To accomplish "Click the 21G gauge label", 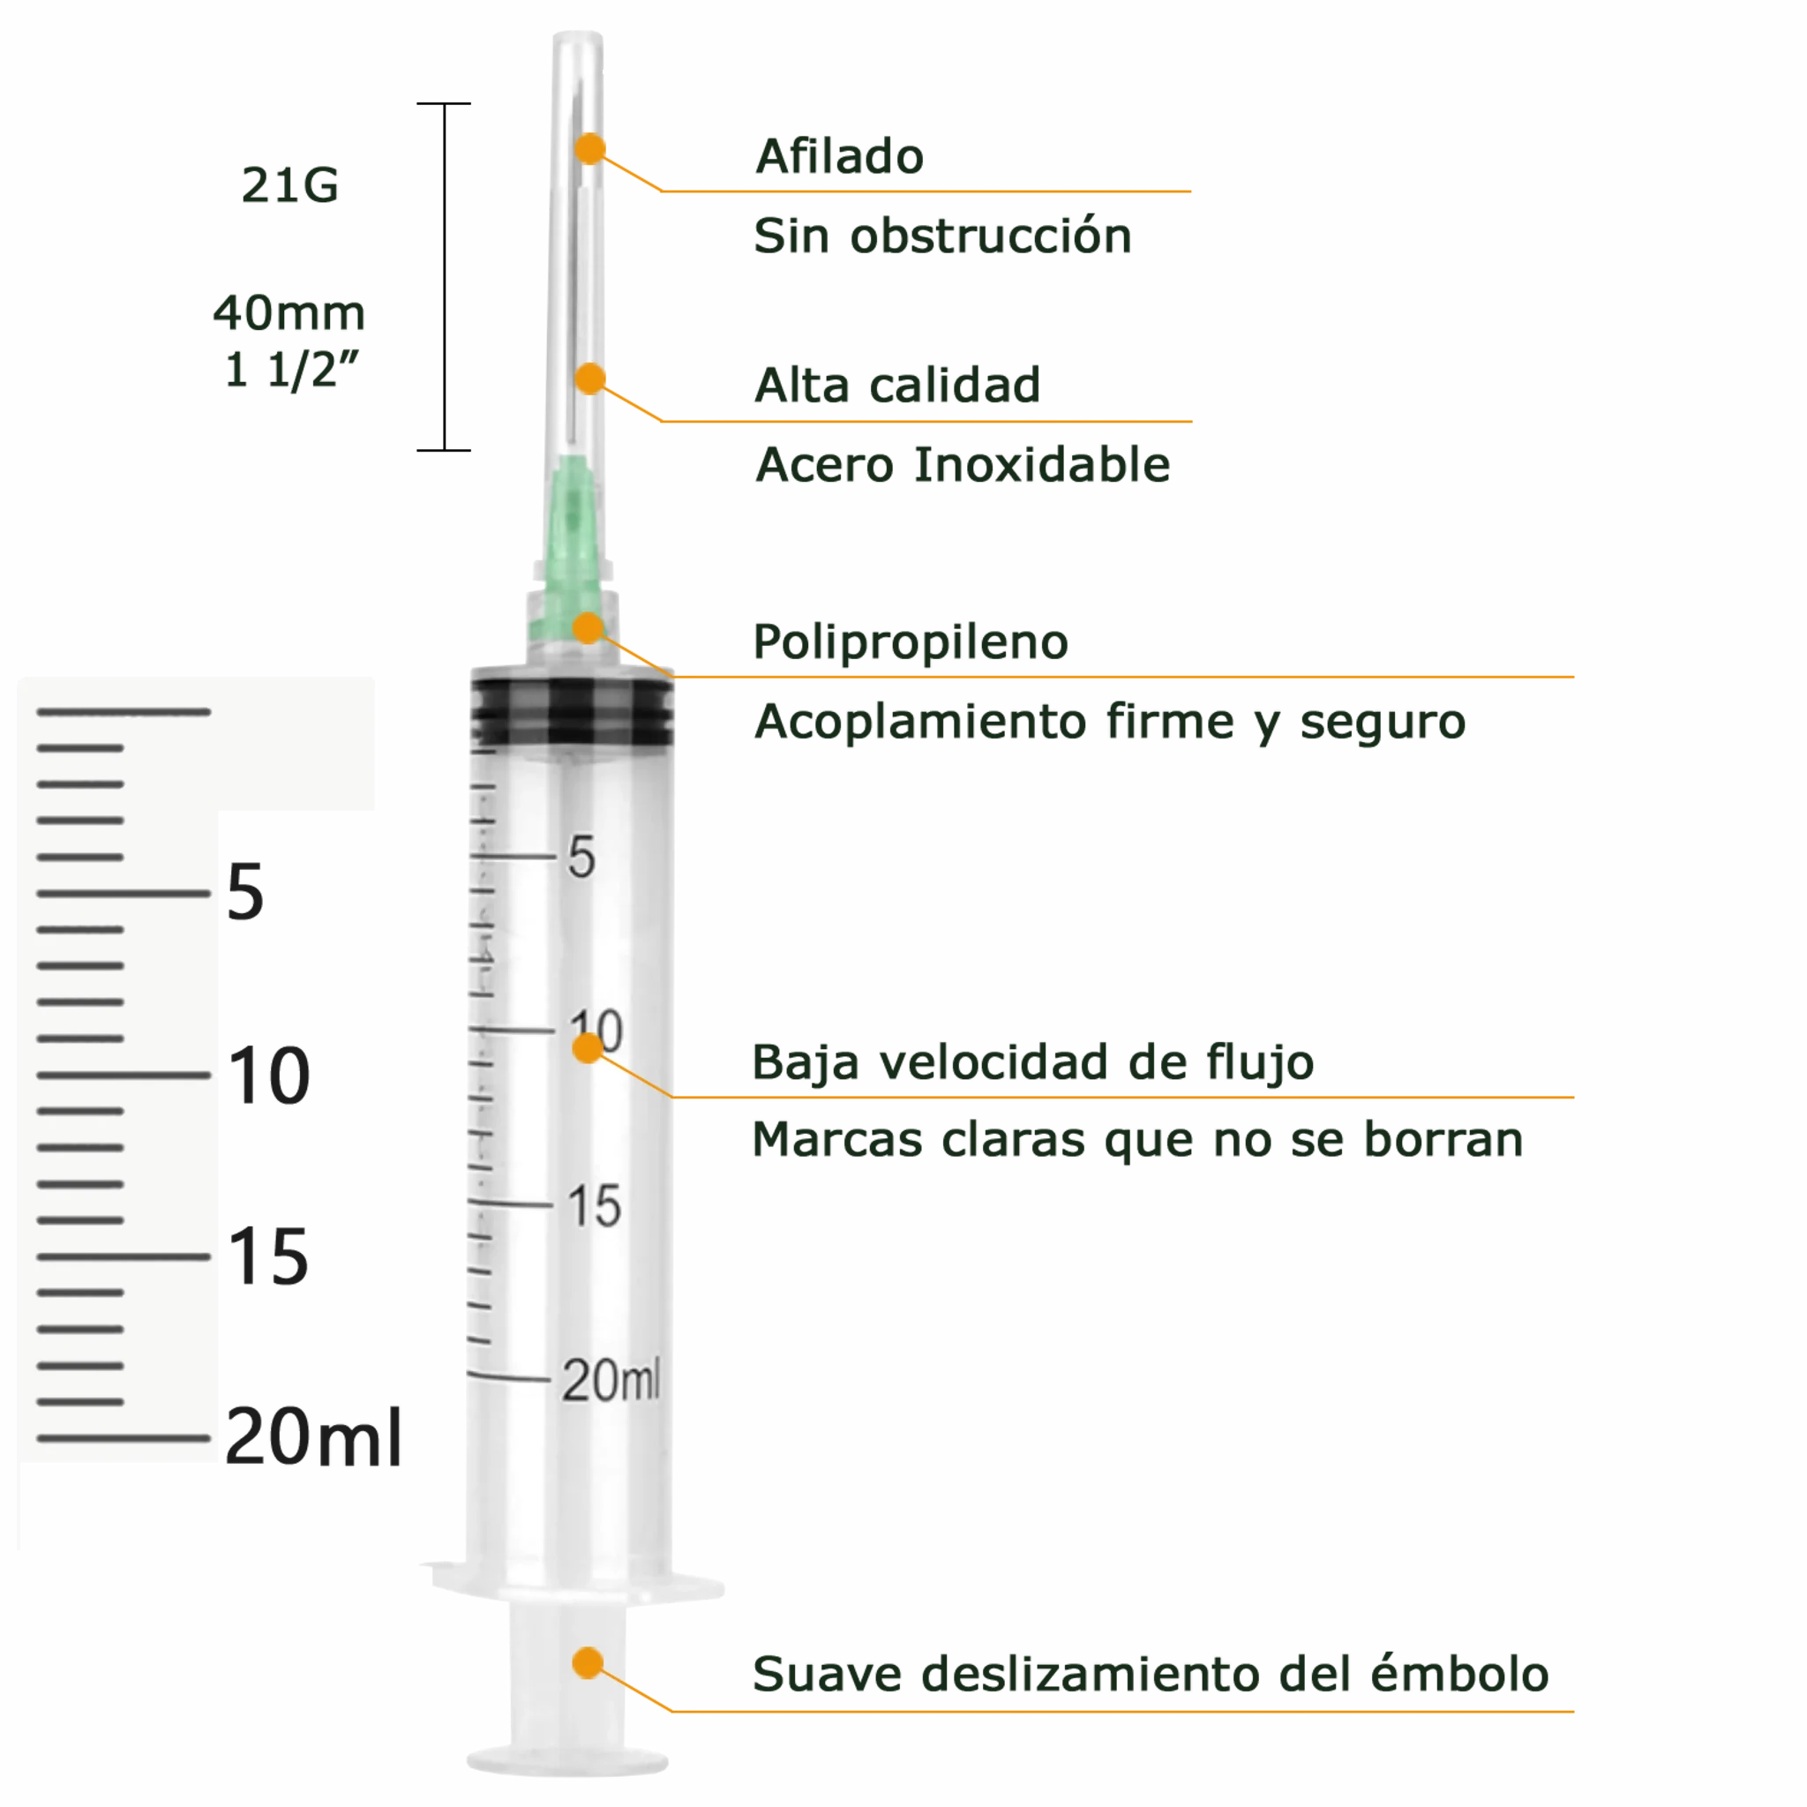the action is (x=290, y=184).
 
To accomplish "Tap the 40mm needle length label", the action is (x=289, y=312).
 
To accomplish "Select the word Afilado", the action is (x=840, y=156).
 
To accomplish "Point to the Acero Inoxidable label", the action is (x=963, y=465).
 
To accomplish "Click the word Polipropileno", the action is (x=911, y=642).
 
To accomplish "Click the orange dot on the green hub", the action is (x=589, y=627).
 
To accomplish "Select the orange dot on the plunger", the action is (x=588, y=1662).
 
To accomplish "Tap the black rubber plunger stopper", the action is (x=572, y=713).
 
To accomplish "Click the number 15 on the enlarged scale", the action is (x=268, y=1256).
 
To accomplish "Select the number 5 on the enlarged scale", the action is (x=246, y=892).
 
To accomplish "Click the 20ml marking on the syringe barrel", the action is (x=611, y=1380).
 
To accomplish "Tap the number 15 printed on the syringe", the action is (x=595, y=1205).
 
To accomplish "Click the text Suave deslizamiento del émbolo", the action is (x=1151, y=1674).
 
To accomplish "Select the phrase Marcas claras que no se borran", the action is (x=1137, y=1140).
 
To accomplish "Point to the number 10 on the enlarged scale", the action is (x=268, y=1076).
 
